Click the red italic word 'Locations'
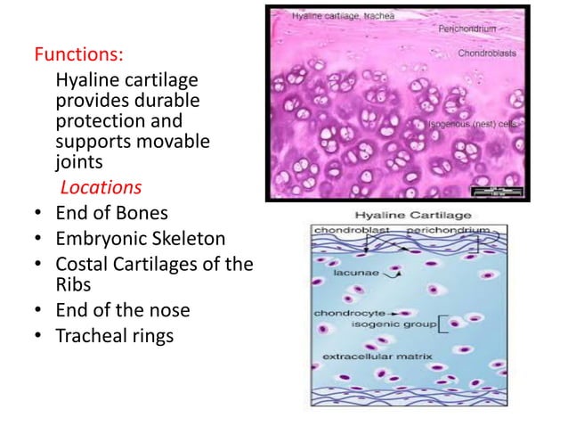point(100,189)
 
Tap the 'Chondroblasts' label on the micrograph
point(495,54)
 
